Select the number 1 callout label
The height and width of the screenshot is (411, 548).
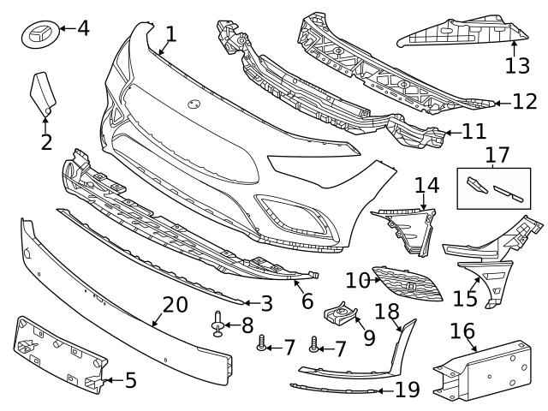click(170, 34)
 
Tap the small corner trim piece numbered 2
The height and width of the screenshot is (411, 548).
click(42, 93)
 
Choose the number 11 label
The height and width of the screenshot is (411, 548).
click(473, 132)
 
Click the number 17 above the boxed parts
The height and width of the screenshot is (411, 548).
click(497, 155)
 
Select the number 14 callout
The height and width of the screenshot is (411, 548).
click(426, 184)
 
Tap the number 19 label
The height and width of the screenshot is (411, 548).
click(408, 390)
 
